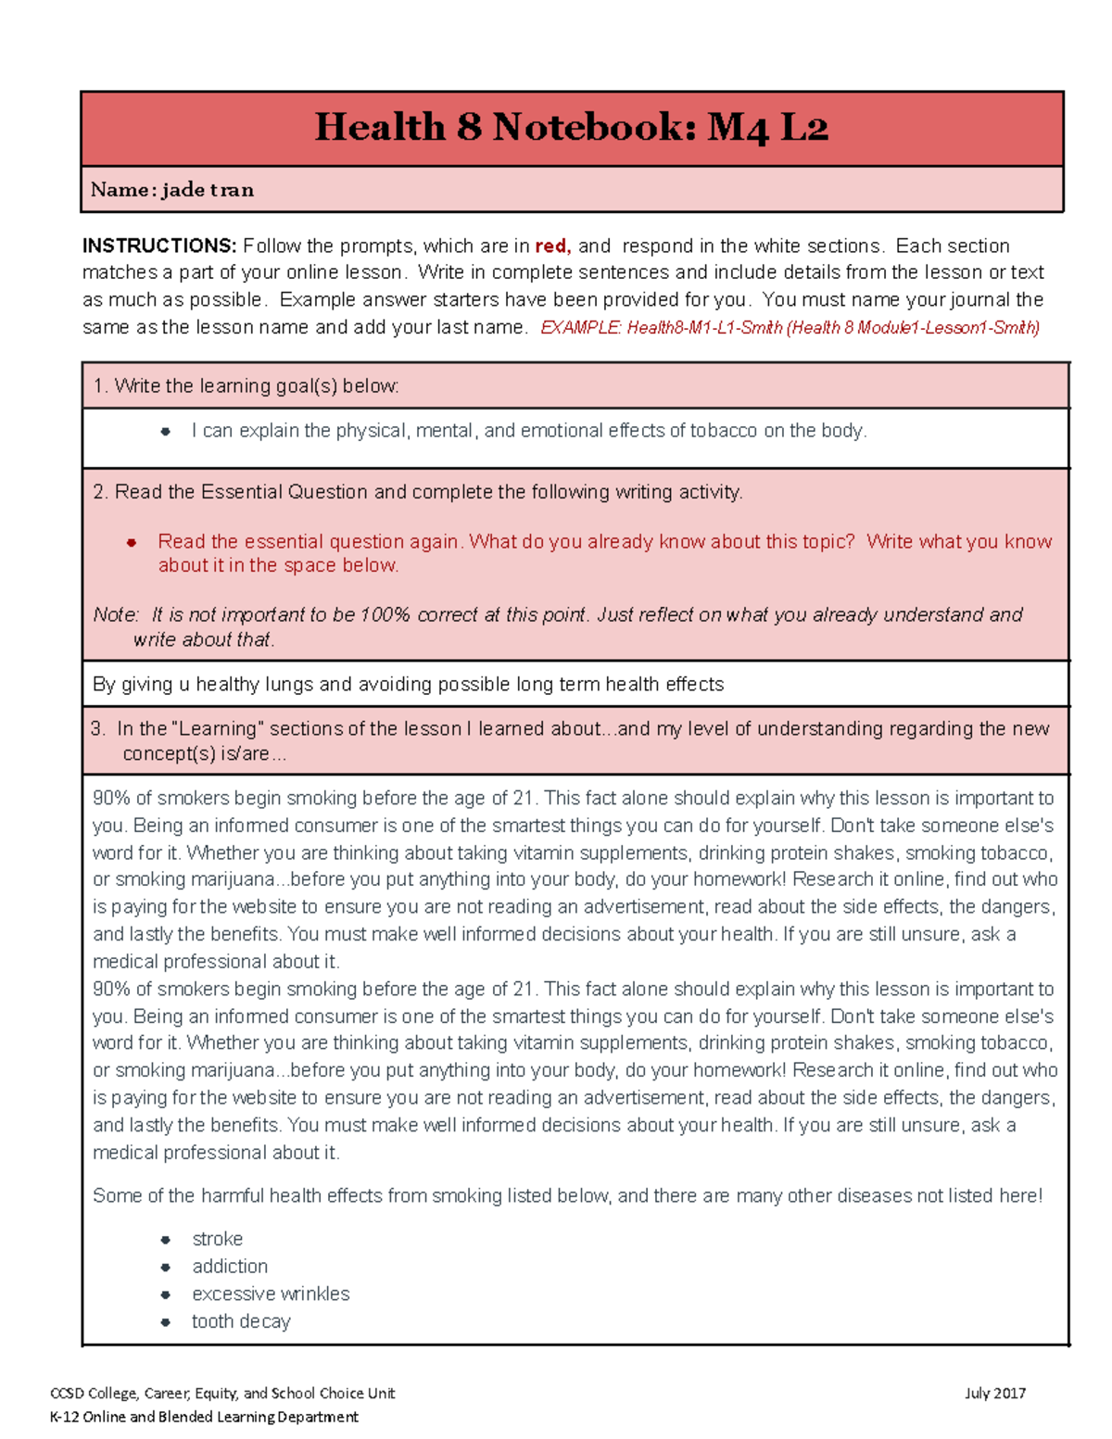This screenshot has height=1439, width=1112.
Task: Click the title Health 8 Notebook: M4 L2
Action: tap(571, 127)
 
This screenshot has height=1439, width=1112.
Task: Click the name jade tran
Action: tap(208, 190)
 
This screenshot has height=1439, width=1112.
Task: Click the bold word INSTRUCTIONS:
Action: tap(159, 246)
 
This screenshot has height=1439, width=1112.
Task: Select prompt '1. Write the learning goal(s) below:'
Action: tap(246, 385)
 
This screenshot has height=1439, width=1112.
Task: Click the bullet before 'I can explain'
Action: tap(165, 431)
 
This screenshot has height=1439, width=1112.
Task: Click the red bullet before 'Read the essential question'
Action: tap(132, 542)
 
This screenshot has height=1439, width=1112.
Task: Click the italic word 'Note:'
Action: tap(116, 614)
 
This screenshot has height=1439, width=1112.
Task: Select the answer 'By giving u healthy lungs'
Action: tap(408, 684)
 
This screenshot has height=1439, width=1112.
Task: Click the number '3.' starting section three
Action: tap(98, 728)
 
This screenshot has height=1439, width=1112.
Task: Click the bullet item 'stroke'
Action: tap(217, 1239)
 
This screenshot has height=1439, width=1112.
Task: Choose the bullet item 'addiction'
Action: tap(230, 1266)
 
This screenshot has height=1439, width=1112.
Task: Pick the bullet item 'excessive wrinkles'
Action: tap(271, 1294)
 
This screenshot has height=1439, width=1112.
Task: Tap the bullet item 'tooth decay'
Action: tap(241, 1321)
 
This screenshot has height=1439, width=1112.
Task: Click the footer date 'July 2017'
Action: tap(994, 1393)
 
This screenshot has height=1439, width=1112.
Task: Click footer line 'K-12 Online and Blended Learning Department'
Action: tap(204, 1416)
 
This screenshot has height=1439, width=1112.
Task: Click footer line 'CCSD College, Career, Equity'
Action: tap(222, 1393)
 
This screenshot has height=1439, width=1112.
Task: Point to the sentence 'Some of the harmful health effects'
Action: tap(567, 1195)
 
